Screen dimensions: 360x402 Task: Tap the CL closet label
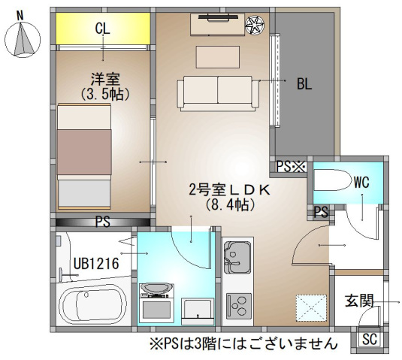click(x=103, y=29)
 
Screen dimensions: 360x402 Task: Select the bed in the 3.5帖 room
click(x=85, y=156)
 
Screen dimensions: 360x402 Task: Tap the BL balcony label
click(x=304, y=84)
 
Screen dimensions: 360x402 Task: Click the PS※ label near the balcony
click(x=289, y=167)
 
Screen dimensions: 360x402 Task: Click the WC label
click(x=361, y=182)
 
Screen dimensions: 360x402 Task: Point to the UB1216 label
click(x=94, y=263)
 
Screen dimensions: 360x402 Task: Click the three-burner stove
click(x=240, y=305)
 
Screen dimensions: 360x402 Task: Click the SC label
click(x=370, y=338)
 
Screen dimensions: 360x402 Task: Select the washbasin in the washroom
click(x=156, y=289)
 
